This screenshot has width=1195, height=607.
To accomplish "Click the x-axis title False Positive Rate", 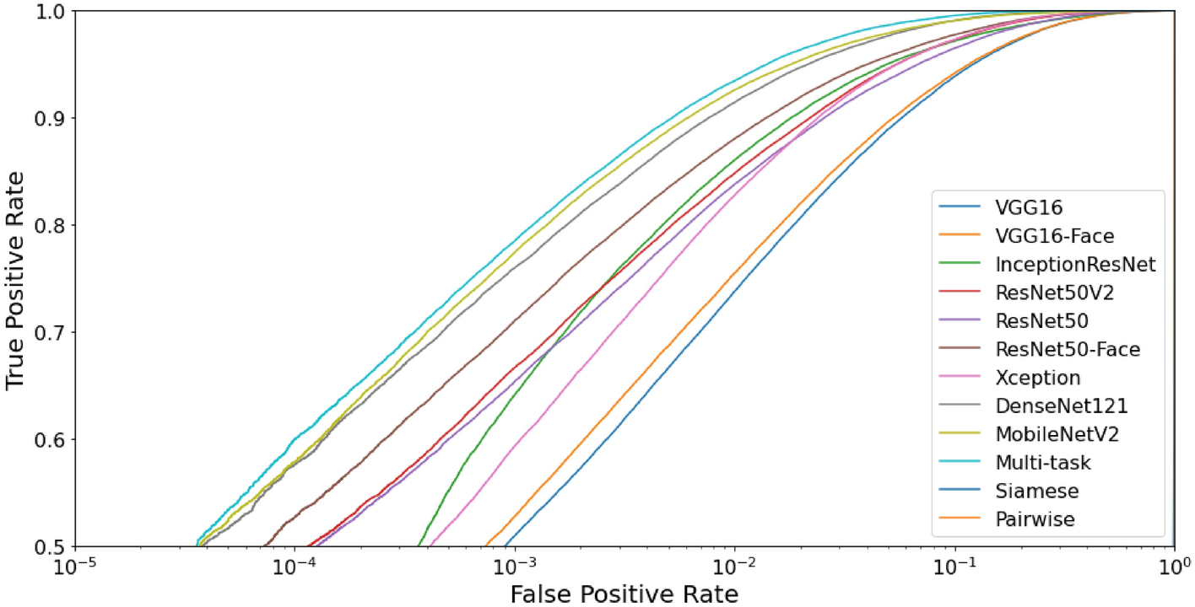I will (624, 594).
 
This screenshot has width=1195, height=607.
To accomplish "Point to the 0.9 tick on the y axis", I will (51, 118).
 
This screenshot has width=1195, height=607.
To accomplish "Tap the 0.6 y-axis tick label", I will (51, 439).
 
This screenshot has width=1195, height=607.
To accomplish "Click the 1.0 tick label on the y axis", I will (51, 12).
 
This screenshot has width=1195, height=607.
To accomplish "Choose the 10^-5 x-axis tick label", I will (76, 564).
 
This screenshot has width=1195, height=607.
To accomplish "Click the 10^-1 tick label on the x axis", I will (954, 564).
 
